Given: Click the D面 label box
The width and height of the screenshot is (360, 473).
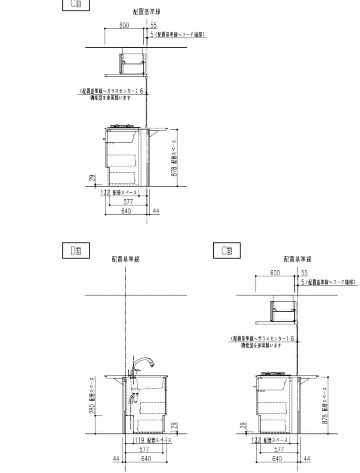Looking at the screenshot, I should coord(76,251).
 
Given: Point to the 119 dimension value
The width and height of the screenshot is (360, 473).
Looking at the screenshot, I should coord(139,440).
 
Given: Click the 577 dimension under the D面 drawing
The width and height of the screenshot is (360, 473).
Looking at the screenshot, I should coord(144,449).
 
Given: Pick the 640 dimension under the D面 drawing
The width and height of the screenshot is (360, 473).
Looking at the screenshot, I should coord(146,459).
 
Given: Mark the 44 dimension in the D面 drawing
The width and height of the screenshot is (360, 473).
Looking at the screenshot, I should coord(116,459).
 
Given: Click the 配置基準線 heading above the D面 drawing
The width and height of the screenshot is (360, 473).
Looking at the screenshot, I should coord(125,259).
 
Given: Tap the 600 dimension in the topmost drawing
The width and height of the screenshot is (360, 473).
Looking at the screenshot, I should coord(124,25).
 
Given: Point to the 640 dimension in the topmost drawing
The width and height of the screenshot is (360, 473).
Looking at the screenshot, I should coord(126,211).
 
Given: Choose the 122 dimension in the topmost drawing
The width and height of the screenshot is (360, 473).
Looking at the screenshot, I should coord(105,193).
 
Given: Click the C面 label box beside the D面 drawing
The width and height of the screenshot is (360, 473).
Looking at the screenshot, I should coord(227,251).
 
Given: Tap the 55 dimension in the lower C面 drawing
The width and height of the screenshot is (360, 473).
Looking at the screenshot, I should coord(304,273).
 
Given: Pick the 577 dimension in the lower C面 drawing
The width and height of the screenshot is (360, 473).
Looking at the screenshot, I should coord(279,449).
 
